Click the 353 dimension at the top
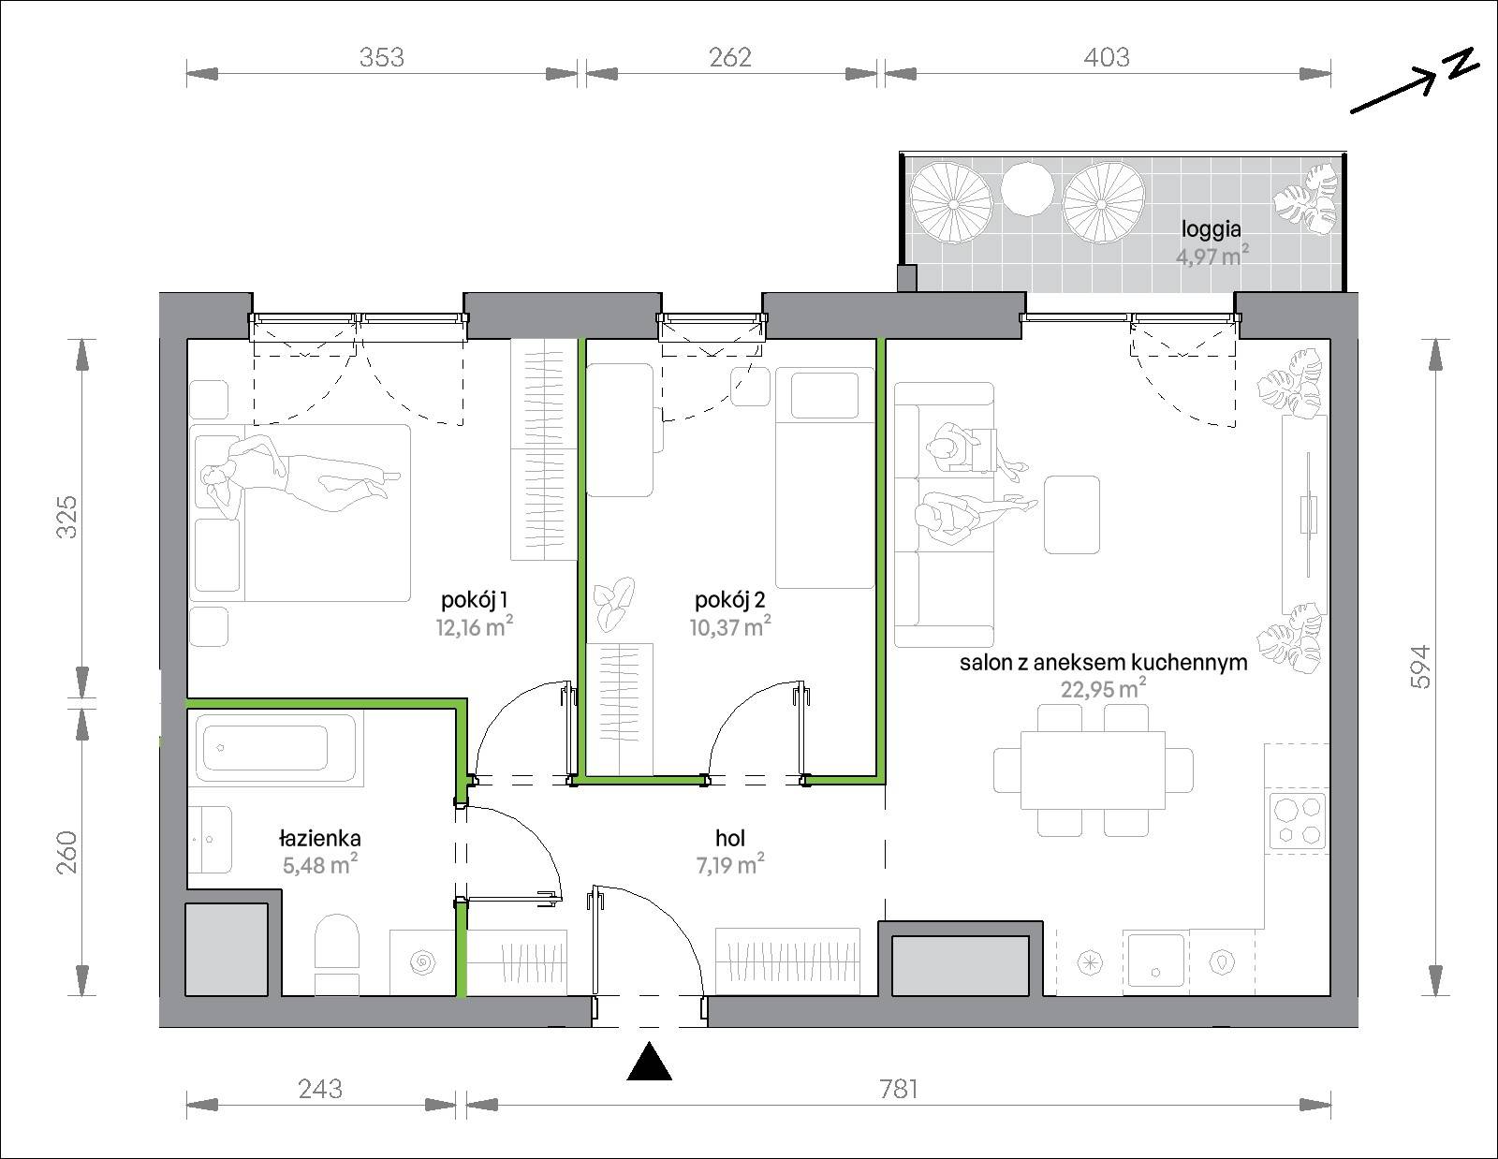381,57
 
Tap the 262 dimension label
730,57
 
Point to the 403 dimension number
1107,57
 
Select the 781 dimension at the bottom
899,1089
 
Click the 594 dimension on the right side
1421,667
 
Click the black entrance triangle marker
649,1062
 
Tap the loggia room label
1212,228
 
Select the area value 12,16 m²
475,626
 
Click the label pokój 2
729,599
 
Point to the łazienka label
320,838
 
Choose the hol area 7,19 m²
730,864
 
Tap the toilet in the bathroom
337,954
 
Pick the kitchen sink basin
1156,961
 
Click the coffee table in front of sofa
1072,514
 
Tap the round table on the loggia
1027,189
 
